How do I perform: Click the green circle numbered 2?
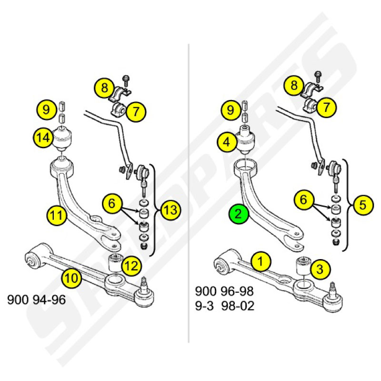click(x=238, y=214)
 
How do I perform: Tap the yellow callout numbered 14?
click(x=43, y=138)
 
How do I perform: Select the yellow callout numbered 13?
click(x=171, y=210)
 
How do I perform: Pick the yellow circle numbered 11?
click(x=57, y=215)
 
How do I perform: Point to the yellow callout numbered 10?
click(x=72, y=278)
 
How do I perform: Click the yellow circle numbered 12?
click(x=132, y=266)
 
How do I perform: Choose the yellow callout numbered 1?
click(x=261, y=261)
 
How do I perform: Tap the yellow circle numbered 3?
click(x=320, y=269)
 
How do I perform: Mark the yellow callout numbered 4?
click(x=227, y=141)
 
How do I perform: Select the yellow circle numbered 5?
click(x=363, y=205)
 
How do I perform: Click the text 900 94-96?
click(x=37, y=300)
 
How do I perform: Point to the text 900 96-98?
click(x=224, y=291)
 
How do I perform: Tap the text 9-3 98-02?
click(x=225, y=306)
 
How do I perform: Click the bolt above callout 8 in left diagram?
click(x=126, y=80)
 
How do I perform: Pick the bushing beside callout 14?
click(x=62, y=138)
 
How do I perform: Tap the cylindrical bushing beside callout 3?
click(x=303, y=266)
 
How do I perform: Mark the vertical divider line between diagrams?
click(x=189, y=193)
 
